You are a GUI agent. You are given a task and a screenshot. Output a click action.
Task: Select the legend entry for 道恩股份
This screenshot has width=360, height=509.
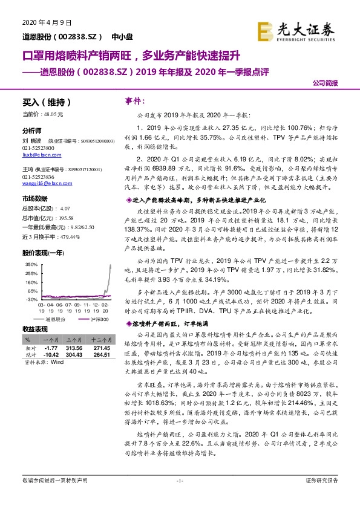pos(55,319)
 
